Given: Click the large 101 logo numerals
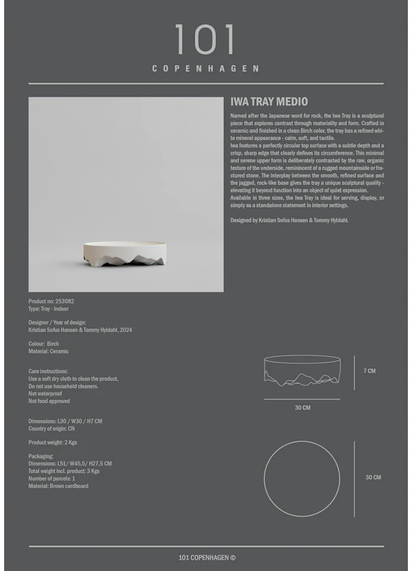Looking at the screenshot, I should point(205,40).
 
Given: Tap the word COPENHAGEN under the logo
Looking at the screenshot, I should point(205,68).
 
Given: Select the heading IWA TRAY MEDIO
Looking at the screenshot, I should point(269,101).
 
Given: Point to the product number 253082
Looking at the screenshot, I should point(65,301).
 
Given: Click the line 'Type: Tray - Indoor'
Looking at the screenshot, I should point(48,308).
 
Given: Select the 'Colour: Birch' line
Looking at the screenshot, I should point(44,344).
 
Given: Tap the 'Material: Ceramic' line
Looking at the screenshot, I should point(48,351).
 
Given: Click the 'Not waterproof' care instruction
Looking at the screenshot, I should point(45,394).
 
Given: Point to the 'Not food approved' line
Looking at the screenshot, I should point(49,401).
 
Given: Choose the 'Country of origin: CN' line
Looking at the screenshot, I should point(51,429).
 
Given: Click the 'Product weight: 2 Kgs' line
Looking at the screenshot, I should point(52,443).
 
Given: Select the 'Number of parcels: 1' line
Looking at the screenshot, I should point(51,479).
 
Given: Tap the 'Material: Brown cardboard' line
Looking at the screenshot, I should point(58,486).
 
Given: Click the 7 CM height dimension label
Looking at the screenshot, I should point(369,371).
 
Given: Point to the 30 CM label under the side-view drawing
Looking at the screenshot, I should point(303,407).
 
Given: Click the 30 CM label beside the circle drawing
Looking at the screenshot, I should point(373,477).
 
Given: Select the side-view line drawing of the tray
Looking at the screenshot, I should point(303,371).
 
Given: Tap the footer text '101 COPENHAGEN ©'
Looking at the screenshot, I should point(207,557).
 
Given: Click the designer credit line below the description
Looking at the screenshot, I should point(289,220).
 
